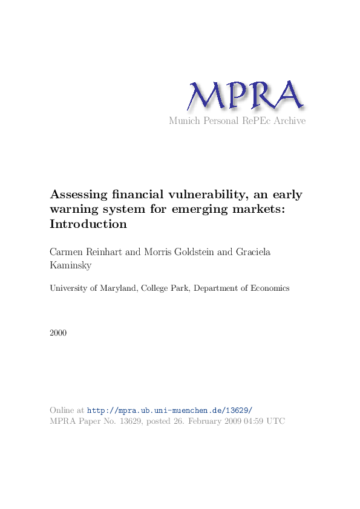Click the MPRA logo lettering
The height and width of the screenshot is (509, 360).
click(245, 96)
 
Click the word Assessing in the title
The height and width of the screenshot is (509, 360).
click(79, 195)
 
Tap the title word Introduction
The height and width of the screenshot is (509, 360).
click(88, 224)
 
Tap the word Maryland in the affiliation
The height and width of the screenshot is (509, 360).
click(119, 288)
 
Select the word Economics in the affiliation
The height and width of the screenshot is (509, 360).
click(269, 288)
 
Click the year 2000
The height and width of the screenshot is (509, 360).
click(59, 333)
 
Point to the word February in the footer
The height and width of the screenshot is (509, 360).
click(208, 421)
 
